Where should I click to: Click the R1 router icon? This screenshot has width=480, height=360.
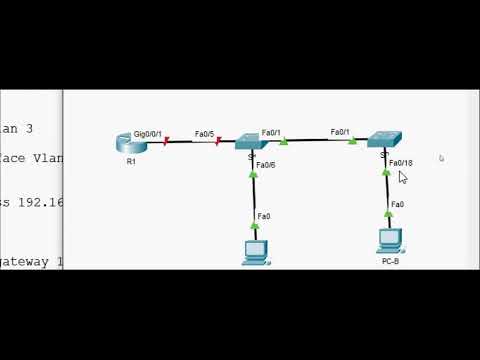tap(131, 143)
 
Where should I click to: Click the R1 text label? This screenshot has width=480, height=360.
tap(131, 160)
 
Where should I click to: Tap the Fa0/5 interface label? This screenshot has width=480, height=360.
tap(204, 133)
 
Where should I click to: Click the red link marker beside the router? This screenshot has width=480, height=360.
tap(166, 142)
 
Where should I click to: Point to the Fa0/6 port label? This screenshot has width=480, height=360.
tap(265, 164)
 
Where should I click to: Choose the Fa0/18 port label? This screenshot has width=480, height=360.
tap(400, 162)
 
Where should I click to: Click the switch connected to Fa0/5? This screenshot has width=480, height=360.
tap(249, 143)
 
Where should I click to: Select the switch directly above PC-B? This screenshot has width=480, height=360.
tap(383, 141)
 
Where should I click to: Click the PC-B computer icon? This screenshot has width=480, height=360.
tap(389, 240)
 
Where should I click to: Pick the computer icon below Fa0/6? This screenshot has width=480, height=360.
tap(255, 251)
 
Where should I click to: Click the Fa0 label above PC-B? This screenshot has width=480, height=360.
tap(397, 204)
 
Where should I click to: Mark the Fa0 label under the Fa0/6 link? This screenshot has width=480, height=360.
tap(263, 215)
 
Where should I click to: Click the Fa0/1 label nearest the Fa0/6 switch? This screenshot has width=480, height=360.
tap(271, 132)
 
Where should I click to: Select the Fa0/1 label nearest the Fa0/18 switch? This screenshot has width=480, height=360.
tap(340, 132)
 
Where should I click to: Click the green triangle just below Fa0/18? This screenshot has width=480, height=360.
tap(386, 172)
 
